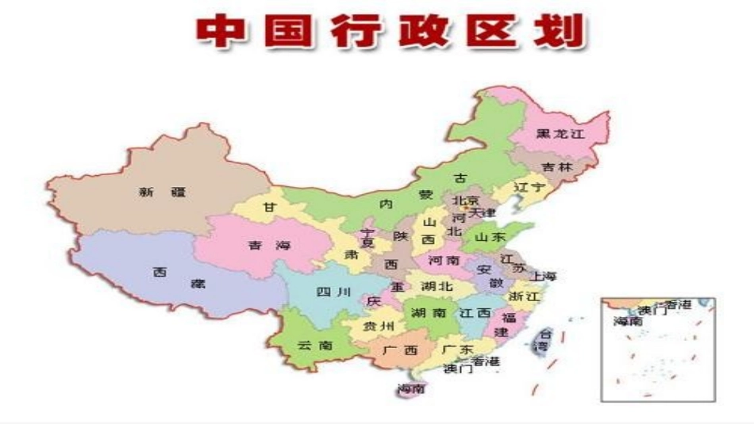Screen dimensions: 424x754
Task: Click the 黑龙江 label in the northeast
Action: pyautogui.click(x=560, y=134)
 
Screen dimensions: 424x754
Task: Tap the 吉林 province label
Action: pyautogui.click(x=557, y=167)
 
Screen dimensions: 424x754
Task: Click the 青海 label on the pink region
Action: pyautogui.click(x=269, y=245)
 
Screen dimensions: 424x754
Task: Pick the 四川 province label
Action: pyautogui.click(x=333, y=292)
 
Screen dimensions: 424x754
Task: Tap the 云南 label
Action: pyautogui.click(x=315, y=346)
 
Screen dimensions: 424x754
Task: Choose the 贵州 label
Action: pyautogui.click(x=378, y=327)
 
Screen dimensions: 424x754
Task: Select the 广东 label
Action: pyautogui.click(x=457, y=350)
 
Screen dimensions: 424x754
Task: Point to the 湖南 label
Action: pyautogui.click(x=429, y=313)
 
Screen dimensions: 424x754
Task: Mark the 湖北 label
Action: pyautogui.click(x=437, y=286)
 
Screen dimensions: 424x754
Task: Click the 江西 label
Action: pyautogui.click(x=475, y=313)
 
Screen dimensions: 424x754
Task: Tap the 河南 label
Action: pyautogui.click(x=444, y=259)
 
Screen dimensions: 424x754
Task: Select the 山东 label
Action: pyautogui.click(x=489, y=236)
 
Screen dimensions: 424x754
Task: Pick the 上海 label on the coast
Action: pyautogui.click(x=545, y=277)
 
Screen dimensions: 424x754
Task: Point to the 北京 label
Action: pyautogui.click(x=467, y=201)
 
